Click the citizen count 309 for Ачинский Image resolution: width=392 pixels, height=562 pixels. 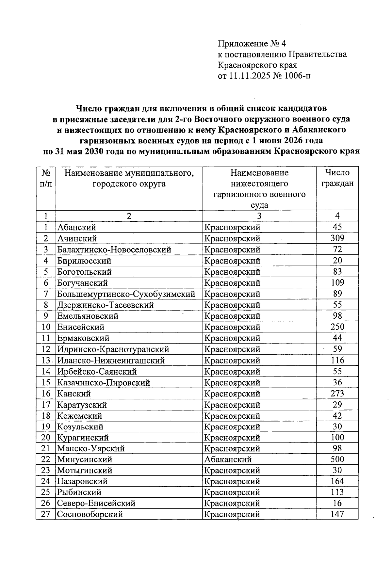[x=337, y=238]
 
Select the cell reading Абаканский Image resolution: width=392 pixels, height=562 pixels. [x=228, y=459]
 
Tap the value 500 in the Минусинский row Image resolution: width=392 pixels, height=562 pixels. [x=337, y=459]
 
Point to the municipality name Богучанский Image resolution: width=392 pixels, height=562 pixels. [x=83, y=283]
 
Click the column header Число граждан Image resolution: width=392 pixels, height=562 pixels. [x=337, y=178]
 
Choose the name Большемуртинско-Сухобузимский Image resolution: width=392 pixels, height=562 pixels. [x=126, y=294]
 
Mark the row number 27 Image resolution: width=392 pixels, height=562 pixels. [x=46, y=514]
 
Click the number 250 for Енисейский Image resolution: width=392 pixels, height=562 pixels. [x=337, y=327]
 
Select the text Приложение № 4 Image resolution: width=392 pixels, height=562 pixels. [x=252, y=43]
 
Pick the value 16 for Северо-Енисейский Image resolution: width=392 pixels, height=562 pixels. [x=337, y=503]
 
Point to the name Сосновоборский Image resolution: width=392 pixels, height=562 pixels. [x=90, y=514]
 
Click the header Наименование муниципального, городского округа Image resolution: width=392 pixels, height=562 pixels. [x=129, y=178]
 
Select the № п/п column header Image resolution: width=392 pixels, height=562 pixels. [x=46, y=178]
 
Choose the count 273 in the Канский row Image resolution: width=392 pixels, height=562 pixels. [x=337, y=393]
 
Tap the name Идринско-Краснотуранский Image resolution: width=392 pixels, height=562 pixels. [x=113, y=349]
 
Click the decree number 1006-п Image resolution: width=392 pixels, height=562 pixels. [x=298, y=76]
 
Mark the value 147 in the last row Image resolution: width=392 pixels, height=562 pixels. [x=337, y=514]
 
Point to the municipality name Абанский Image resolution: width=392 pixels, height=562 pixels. [x=77, y=227]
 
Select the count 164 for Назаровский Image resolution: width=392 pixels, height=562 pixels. [x=337, y=481]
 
